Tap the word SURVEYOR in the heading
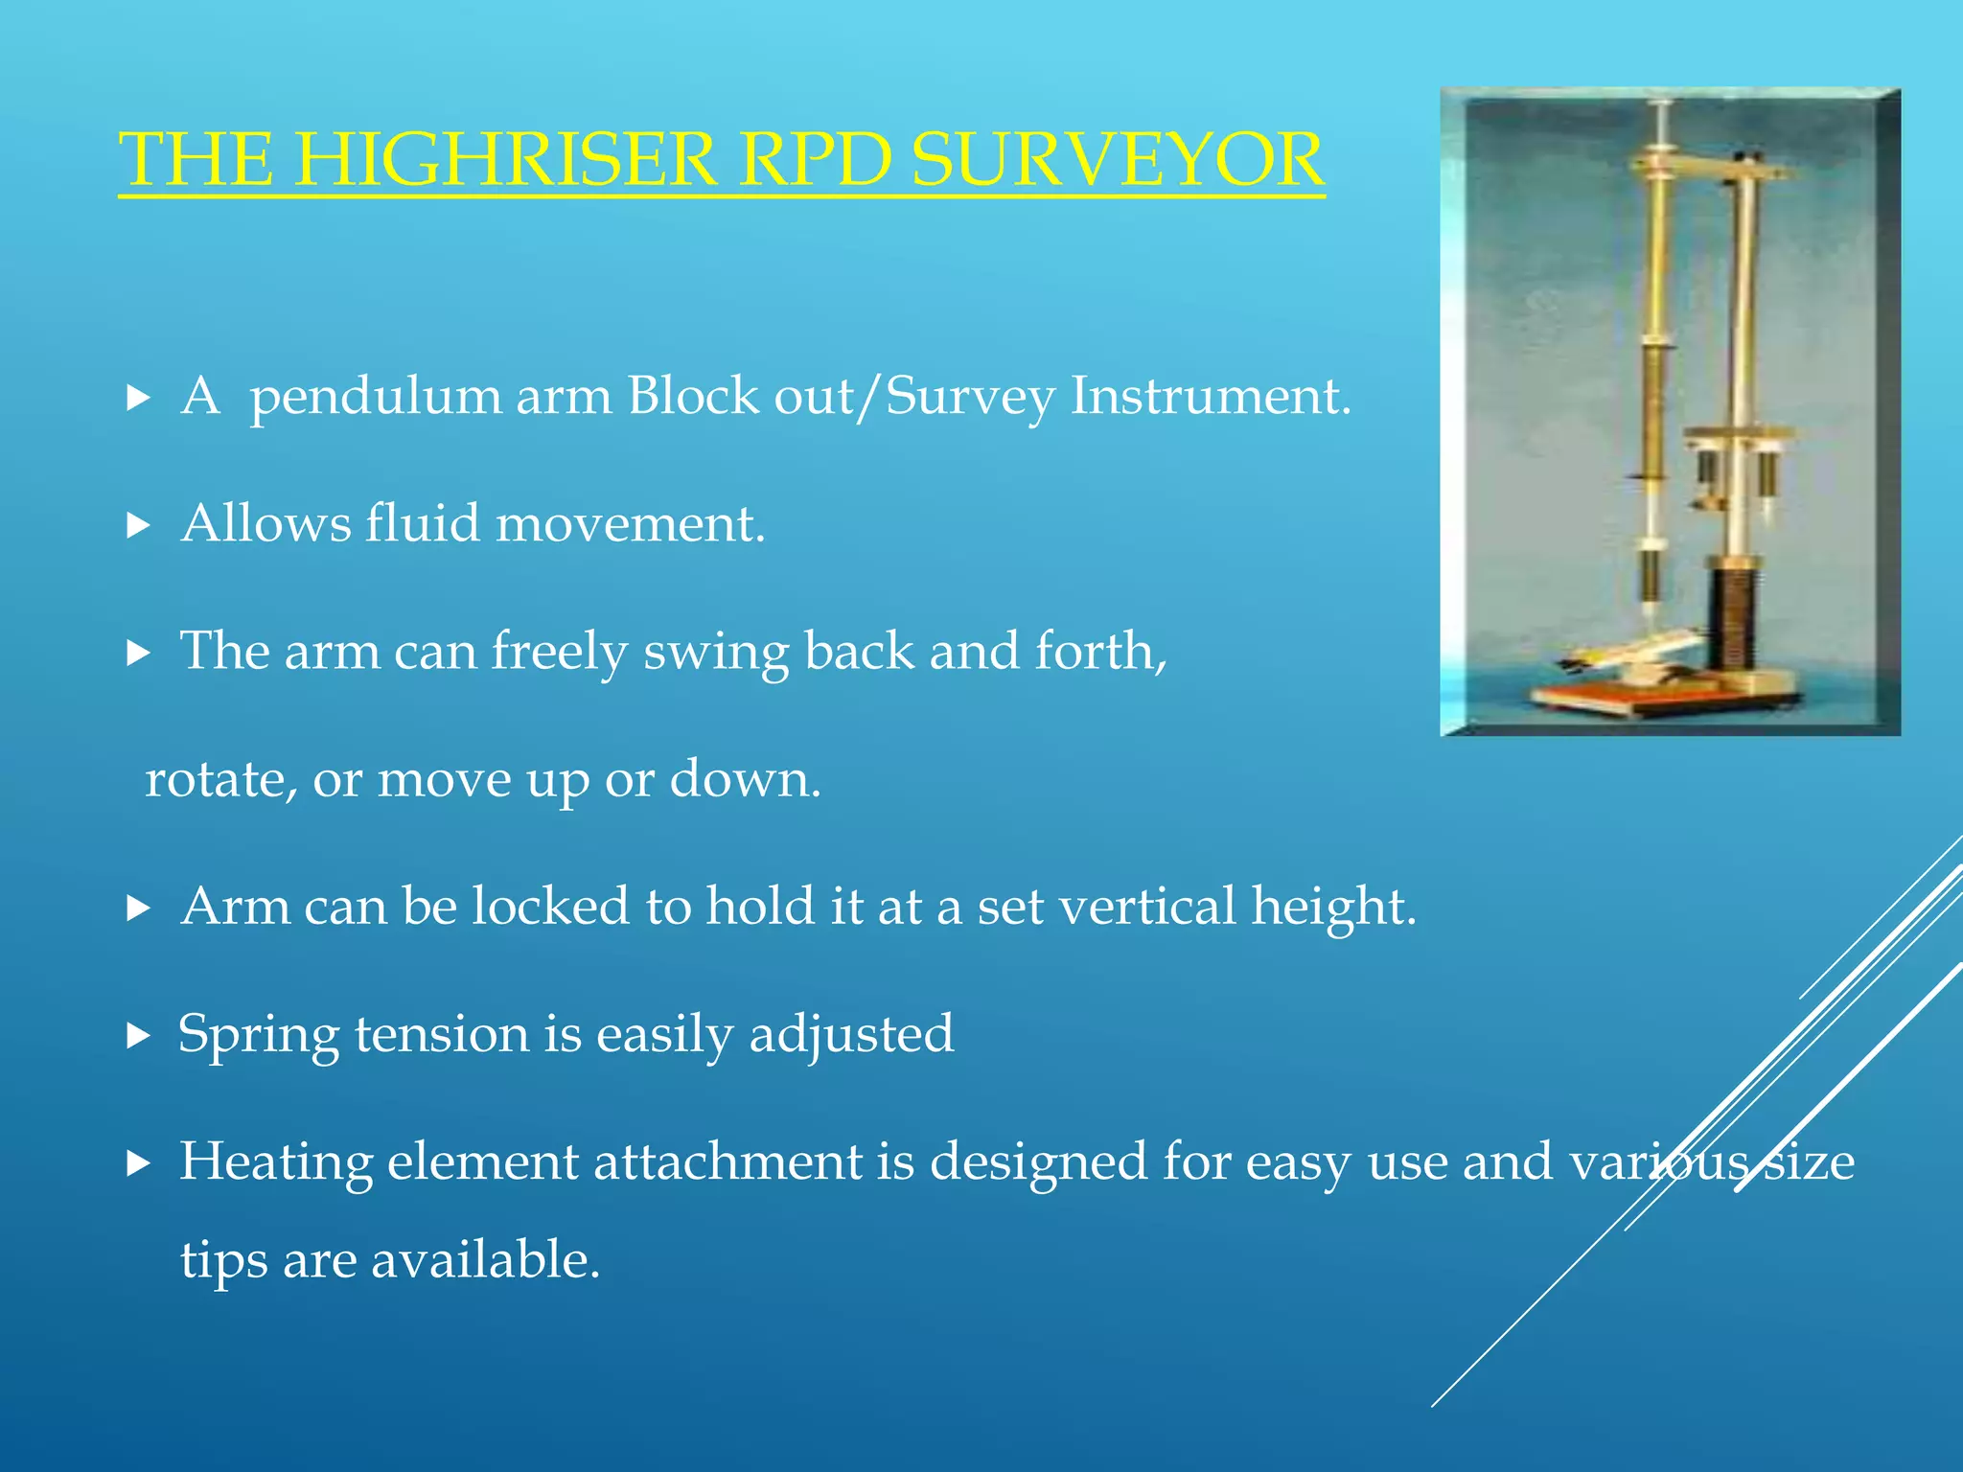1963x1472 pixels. (x=1118, y=159)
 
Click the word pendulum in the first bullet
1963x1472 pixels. (x=375, y=396)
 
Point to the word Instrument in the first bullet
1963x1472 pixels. (x=1210, y=396)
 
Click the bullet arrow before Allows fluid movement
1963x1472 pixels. (x=139, y=525)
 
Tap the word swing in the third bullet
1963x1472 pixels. (x=716, y=653)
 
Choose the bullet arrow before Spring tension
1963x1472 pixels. (x=139, y=1036)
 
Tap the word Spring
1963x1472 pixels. (x=259, y=1036)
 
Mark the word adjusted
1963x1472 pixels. (x=851, y=1035)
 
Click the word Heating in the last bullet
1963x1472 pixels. (x=276, y=1162)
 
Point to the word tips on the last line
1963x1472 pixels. (x=223, y=1260)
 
